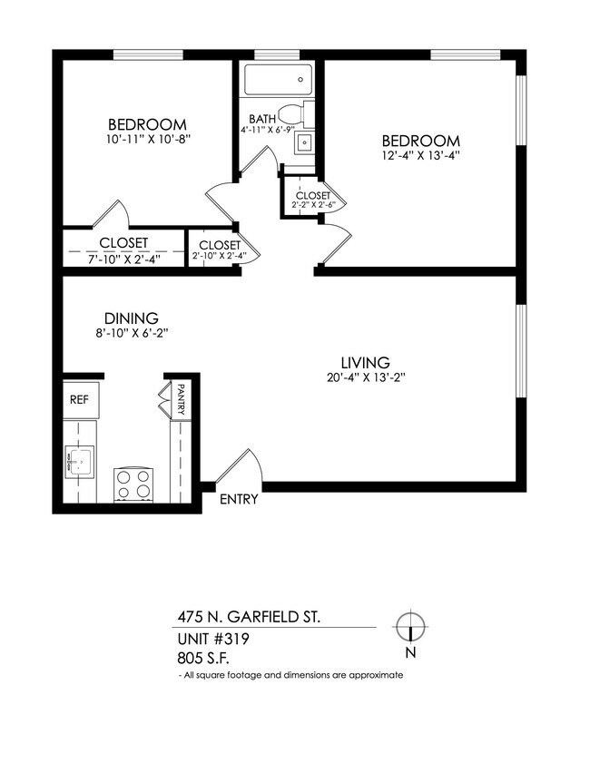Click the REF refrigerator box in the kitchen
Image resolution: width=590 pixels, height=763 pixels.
pos(80,398)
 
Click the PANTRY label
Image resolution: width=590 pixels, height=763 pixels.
pos(182,399)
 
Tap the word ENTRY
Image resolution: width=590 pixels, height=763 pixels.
pos(240,499)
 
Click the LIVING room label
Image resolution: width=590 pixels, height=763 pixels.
pos(365,361)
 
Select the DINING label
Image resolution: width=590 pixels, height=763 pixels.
pos(132,318)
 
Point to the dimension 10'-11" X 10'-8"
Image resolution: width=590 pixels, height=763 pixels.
pos(147,140)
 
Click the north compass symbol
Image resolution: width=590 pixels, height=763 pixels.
pos(411,627)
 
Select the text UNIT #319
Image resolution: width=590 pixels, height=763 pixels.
pos(213,639)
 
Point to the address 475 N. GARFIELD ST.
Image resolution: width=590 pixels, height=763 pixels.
pos(248,617)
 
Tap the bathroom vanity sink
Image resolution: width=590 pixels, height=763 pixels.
pos(305,142)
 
